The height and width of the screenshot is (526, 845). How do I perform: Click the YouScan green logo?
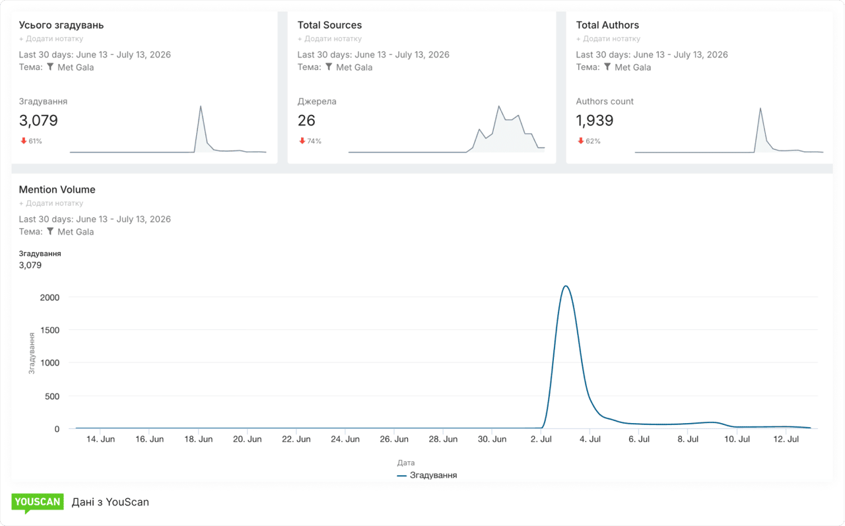(x=38, y=503)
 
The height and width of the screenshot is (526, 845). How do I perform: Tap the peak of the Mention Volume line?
(x=566, y=286)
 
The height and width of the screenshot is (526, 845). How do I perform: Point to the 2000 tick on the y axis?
(x=50, y=298)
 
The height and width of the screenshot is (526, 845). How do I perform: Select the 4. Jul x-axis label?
(x=590, y=440)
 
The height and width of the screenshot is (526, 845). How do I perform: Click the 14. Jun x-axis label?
(x=100, y=440)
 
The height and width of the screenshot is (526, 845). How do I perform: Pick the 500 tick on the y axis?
(x=52, y=396)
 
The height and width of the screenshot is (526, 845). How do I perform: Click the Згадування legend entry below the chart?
(x=427, y=475)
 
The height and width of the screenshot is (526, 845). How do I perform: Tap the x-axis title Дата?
(x=406, y=463)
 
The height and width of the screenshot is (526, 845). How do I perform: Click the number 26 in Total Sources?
(x=306, y=121)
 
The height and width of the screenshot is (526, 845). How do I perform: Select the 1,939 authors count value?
(x=595, y=121)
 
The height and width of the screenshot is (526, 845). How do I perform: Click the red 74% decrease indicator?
(x=310, y=141)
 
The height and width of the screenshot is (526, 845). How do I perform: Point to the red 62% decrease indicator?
(x=589, y=141)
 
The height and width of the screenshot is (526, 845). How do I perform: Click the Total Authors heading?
(x=607, y=25)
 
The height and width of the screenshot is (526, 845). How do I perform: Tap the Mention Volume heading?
(x=57, y=189)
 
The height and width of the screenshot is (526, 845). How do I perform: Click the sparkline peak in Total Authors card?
(x=760, y=109)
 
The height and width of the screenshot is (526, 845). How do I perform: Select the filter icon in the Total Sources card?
(x=329, y=67)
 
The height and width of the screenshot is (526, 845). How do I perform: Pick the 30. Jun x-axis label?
(x=492, y=440)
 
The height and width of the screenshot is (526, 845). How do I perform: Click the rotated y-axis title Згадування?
(x=32, y=353)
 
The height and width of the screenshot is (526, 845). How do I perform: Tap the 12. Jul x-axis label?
(x=786, y=440)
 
